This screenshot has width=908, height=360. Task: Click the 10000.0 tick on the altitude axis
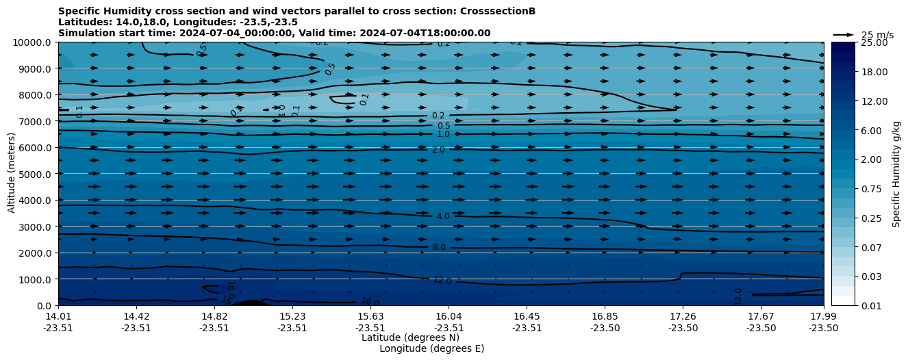point(33,42)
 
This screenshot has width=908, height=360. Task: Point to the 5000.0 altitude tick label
point(35,174)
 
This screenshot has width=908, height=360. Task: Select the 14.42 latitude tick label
point(136,316)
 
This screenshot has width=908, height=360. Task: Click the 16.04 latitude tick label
point(448,316)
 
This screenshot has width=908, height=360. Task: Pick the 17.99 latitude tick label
point(823,316)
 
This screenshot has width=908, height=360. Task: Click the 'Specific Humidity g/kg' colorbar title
point(896,174)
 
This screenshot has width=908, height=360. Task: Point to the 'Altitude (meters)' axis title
point(12,174)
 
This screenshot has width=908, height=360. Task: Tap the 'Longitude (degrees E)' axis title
point(431,348)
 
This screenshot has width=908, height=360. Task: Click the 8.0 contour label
point(439,247)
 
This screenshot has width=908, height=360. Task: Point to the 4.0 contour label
point(443,216)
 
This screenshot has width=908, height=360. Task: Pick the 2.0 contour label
point(438,150)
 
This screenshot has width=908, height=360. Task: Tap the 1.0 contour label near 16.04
point(443,134)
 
